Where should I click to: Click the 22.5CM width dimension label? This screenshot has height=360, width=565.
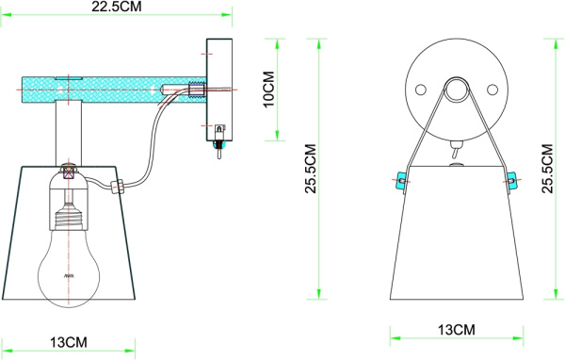click(118, 8)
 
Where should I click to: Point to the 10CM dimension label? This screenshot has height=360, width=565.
click(267, 86)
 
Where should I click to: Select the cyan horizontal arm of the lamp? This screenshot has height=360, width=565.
click(104, 90)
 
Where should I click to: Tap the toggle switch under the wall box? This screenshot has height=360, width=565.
click(218, 147)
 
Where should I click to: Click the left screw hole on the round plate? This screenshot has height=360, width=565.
click(421, 89)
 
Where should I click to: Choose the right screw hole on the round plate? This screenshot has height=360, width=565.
click(491, 89)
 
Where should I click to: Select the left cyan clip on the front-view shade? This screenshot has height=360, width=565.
click(399, 180)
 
